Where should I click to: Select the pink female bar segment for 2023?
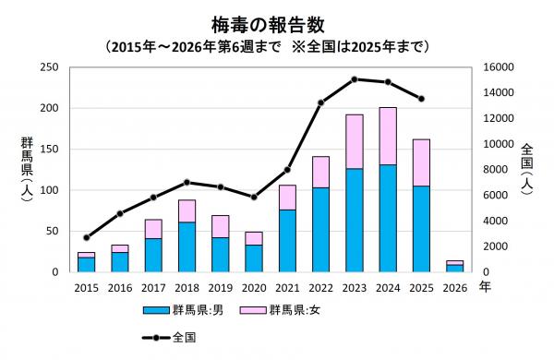click(355, 141)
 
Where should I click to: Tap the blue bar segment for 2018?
click(187, 246)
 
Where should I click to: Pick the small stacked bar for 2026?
click(454, 267)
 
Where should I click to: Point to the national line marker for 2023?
click(355, 79)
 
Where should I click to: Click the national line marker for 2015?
click(86, 237)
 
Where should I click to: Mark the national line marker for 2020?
click(254, 197)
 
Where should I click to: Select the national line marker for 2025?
click(421, 99)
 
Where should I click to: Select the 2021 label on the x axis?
click(287, 287)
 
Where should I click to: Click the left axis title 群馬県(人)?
click(27, 172)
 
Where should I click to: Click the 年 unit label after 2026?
click(485, 287)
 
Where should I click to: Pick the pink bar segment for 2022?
click(320, 172)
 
